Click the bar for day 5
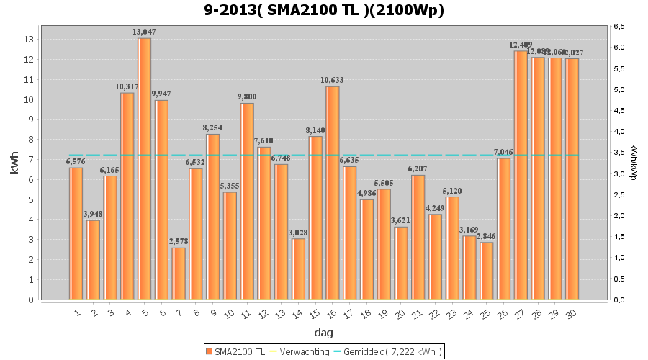pyautogui.click(x=145, y=168)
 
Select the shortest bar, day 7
pyautogui.click(x=179, y=274)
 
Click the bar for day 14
pyautogui.click(x=298, y=269)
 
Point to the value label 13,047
pyautogui.click(x=145, y=32)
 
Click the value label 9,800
pyautogui.click(x=247, y=96)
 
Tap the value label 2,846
pyautogui.click(x=487, y=236)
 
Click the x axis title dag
pyautogui.click(x=323, y=333)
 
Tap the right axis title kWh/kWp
pyautogui.click(x=633, y=163)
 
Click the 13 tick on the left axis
pyautogui.click(x=30, y=40)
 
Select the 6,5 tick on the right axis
pyautogui.click(x=618, y=27)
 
